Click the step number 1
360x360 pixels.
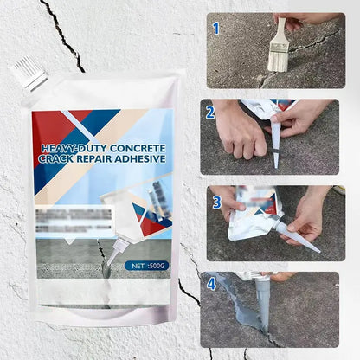click(x=215, y=28)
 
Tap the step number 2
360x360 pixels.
click(x=210, y=112)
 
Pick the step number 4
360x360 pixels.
click(x=212, y=283)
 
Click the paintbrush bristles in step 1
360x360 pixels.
click(x=278, y=56)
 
